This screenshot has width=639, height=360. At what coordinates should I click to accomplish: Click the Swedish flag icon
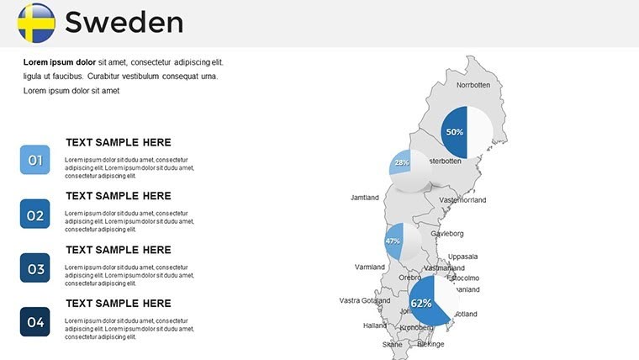(36, 23)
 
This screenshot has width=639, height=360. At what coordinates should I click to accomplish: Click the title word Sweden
(124, 23)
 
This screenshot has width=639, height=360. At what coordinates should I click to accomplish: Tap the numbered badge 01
(35, 160)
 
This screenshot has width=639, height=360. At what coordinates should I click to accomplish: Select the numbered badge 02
(35, 214)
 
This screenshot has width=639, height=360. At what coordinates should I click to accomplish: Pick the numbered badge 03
(35, 268)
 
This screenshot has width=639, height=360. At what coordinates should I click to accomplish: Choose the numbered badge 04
(35, 321)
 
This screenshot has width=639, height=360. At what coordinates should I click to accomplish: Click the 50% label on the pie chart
(455, 132)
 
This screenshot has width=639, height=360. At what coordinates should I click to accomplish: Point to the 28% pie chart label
(401, 162)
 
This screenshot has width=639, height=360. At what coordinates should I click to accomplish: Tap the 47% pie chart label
(393, 241)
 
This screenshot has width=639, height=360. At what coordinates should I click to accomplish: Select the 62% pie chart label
(421, 303)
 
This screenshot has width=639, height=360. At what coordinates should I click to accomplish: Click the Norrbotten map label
(473, 85)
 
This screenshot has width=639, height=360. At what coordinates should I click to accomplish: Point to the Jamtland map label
(365, 198)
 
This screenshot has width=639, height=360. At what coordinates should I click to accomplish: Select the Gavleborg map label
(447, 233)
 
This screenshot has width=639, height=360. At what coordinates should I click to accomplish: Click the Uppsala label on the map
(462, 257)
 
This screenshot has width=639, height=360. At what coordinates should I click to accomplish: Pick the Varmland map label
(369, 267)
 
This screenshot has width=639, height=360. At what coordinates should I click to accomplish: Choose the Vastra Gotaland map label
(365, 300)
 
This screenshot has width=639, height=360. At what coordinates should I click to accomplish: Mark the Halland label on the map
(375, 326)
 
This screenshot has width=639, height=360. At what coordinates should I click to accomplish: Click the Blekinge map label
(430, 344)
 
